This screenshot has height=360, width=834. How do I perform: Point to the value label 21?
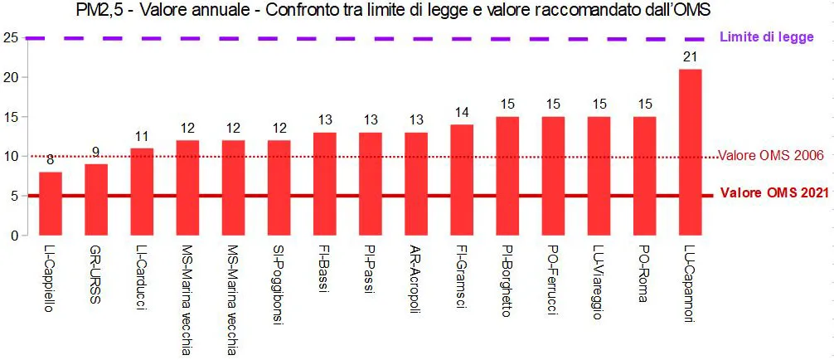coord(690,57)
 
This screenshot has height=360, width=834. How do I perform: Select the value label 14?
coord(462,113)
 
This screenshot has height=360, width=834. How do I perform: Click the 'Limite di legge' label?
coord(767,37)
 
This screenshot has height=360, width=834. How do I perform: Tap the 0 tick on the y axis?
coord(13,236)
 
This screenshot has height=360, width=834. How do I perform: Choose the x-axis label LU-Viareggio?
coord(599,282)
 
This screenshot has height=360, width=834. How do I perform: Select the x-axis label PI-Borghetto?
coord(507,283)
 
